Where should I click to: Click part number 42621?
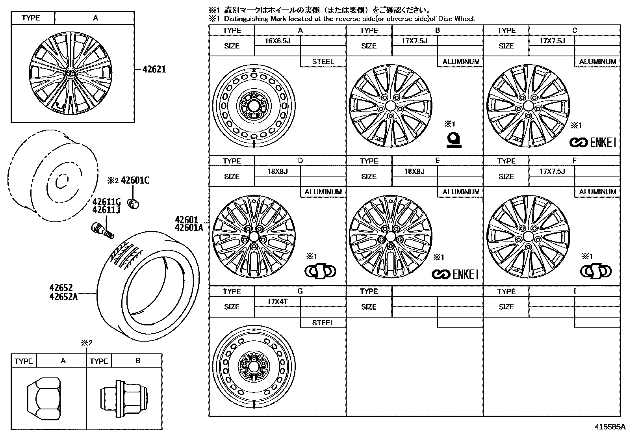[x=154, y=69]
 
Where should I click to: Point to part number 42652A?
[x=63, y=297]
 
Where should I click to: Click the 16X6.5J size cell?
[x=277, y=41]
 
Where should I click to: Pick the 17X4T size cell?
[x=277, y=301]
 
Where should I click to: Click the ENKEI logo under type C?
[x=592, y=143]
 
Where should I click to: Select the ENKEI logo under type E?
[x=455, y=274]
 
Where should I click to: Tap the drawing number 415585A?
[x=610, y=427]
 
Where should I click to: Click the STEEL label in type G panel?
[x=323, y=323]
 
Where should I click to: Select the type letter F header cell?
[x=574, y=161]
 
